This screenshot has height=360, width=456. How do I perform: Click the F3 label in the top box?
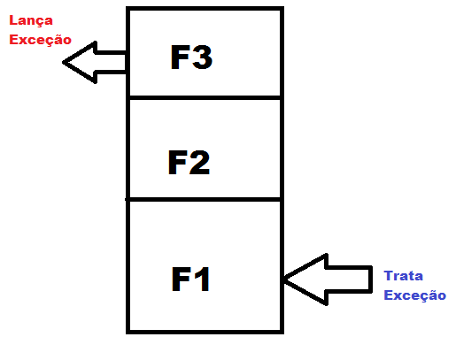191,57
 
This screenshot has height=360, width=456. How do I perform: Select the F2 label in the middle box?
189,162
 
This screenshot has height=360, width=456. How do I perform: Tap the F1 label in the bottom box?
190,279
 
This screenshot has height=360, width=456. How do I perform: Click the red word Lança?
31,21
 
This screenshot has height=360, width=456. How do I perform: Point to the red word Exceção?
40,40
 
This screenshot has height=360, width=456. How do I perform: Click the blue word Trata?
403,276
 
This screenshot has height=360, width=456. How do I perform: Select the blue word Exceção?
414,295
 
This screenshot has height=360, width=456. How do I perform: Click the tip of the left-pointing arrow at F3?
63,62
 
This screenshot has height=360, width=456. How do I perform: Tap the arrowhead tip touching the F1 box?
284,279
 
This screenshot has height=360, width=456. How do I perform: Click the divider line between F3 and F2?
205,97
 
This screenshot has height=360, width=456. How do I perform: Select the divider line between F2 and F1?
205,200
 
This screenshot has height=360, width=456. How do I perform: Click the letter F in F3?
179,57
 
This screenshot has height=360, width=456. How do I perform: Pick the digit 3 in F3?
202,57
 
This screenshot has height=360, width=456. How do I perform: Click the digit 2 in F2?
200,162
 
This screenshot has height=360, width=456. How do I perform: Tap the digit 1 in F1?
203,279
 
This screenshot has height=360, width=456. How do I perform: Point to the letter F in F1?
181,279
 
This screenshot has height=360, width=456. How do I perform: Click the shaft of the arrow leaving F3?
111,62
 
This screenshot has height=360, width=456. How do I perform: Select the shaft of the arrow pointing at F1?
348,280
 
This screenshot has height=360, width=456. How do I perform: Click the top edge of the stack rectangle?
205,9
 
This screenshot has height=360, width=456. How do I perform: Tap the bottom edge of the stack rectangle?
205,332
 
